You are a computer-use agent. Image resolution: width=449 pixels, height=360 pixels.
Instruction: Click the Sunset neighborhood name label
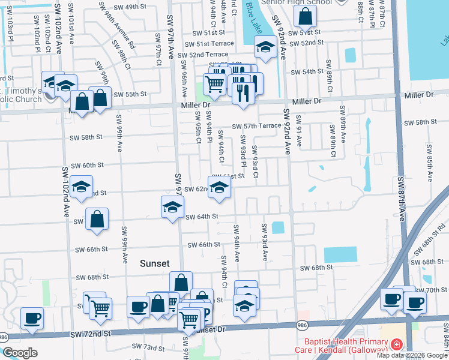point(155,263)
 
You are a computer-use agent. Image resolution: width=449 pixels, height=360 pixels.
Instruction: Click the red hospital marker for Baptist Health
point(396,344)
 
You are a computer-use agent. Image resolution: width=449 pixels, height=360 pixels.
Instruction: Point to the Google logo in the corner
point(20,353)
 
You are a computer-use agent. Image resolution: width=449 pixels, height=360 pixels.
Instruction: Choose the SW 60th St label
point(88,165)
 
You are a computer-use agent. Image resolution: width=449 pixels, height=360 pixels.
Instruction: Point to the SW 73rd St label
point(148,347)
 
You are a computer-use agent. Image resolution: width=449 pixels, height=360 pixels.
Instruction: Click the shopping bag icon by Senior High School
point(306,19)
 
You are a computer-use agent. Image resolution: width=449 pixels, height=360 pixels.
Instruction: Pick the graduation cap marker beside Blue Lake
point(265,47)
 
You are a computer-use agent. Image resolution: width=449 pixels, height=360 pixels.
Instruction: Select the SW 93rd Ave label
point(264,242)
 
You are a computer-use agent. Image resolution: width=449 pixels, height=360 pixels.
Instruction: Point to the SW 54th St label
point(307,71)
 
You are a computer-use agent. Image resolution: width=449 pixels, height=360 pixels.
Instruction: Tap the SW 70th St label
point(436,290)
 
